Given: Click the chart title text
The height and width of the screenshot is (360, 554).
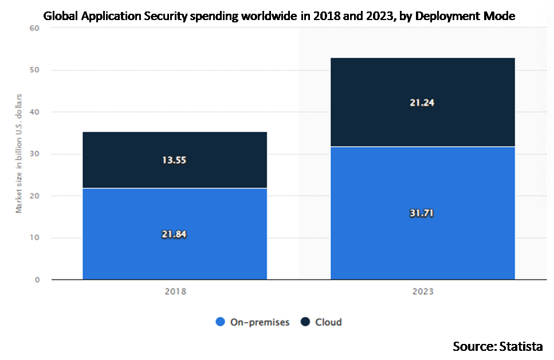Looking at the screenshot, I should coord(277,17).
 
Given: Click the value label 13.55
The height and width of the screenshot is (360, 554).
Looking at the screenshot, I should coord(175,160).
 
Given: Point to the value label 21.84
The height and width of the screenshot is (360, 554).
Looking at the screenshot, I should coord(175,234).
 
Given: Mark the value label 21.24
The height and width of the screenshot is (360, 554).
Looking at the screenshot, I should coord(423,103).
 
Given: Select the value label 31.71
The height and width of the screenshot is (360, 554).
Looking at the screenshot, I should coord(423,213).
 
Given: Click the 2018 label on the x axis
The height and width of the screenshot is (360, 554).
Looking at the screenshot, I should coord(175,291).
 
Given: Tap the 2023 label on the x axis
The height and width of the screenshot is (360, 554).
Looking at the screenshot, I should coord(423,291).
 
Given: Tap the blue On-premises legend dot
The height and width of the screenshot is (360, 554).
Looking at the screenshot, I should coord(220,322).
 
